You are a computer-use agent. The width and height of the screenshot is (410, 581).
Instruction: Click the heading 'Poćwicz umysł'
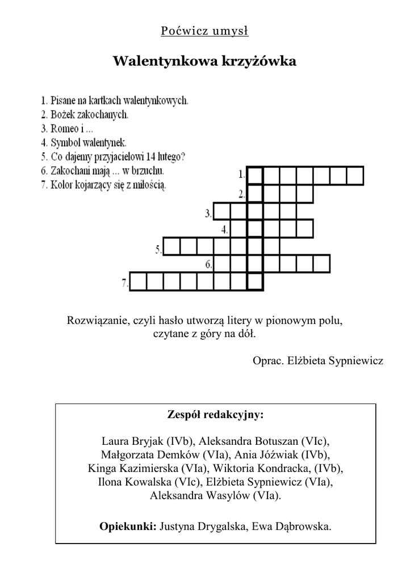(x=205, y=31)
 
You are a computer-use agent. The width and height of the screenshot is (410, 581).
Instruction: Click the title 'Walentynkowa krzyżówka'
(x=205, y=61)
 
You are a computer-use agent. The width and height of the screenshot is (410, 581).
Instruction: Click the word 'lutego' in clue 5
(x=174, y=157)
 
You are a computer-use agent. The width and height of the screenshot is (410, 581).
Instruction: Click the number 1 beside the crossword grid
(x=242, y=174)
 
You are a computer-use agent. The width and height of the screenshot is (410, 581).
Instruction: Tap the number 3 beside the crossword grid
(x=208, y=214)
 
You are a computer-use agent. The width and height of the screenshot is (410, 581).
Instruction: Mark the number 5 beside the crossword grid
(x=158, y=248)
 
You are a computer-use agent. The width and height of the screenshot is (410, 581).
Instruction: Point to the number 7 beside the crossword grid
(x=124, y=281)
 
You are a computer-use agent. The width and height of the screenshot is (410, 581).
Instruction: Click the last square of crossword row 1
(x=355, y=175)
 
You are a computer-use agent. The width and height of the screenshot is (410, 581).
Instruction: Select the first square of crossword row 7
(x=139, y=281)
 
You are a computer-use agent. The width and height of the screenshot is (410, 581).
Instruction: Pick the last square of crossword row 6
(x=322, y=264)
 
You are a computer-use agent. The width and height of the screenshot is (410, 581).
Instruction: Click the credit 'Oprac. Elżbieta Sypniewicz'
(x=318, y=361)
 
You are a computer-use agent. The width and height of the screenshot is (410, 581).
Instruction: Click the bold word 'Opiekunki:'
(x=128, y=527)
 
